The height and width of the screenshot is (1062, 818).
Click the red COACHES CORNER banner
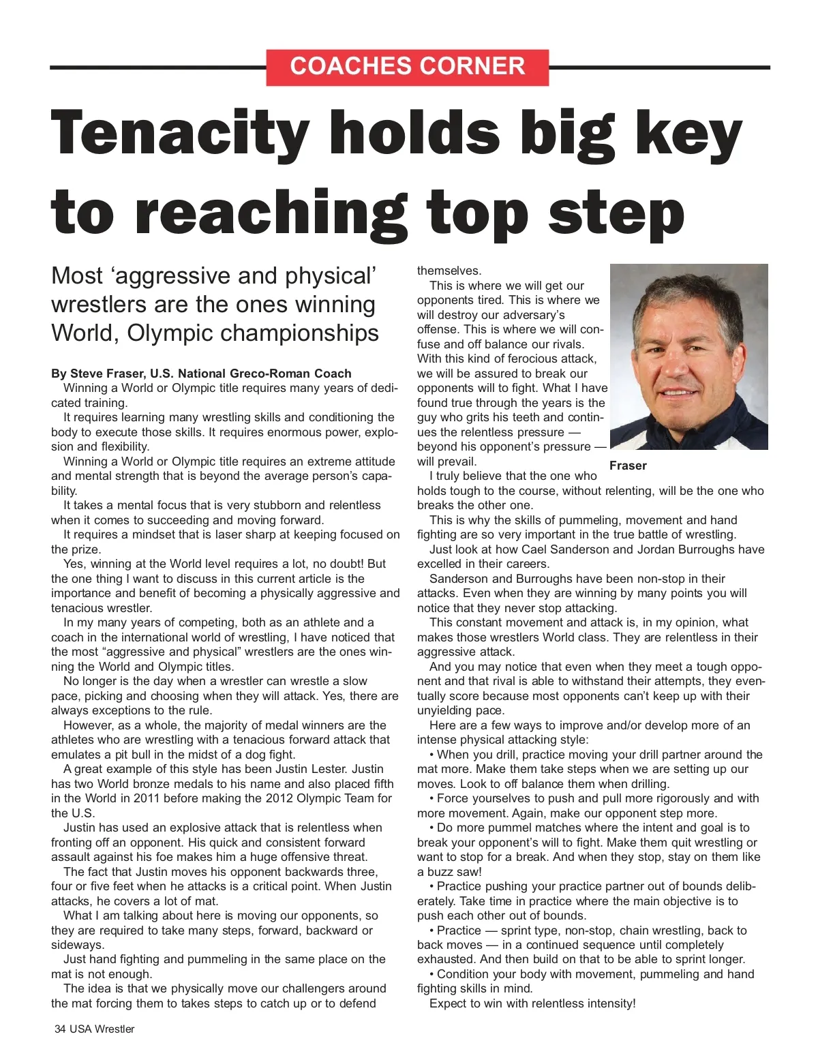click(x=407, y=67)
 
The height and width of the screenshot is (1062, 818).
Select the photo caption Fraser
click(x=628, y=466)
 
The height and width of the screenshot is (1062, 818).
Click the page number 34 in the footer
click(x=60, y=1029)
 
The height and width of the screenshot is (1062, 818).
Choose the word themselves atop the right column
click(x=449, y=271)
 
